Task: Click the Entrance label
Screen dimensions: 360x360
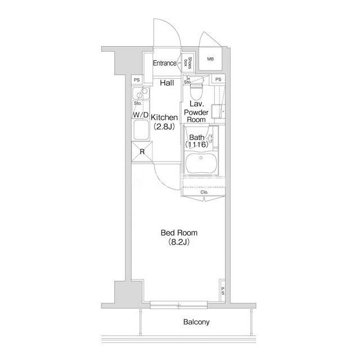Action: (x=165, y=63)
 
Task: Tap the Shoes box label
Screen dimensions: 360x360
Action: (x=187, y=63)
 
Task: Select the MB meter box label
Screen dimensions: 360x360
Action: (x=210, y=59)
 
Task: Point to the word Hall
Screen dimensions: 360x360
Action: (x=167, y=83)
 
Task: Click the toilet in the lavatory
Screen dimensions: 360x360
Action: (x=197, y=91)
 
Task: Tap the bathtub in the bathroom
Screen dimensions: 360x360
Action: (x=201, y=163)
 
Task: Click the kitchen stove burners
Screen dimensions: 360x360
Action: (x=141, y=93)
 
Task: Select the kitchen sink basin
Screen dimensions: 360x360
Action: (x=141, y=130)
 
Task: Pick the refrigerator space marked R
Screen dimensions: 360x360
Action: (x=142, y=152)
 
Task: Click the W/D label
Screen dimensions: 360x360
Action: (x=141, y=115)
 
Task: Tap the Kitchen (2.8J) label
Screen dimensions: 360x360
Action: (x=164, y=121)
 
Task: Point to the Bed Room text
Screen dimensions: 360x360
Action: (x=179, y=233)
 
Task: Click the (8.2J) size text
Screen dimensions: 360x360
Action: (x=179, y=242)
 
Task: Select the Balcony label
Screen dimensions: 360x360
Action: (x=196, y=322)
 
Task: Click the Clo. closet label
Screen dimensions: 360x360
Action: (x=204, y=192)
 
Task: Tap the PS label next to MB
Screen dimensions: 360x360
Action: (x=218, y=79)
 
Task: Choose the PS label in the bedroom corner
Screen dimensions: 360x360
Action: (x=223, y=291)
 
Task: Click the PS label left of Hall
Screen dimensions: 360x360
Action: (x=137, y=80)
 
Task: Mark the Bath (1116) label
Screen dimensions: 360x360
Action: (x=197, y=141)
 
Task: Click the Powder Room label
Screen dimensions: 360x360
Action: (x=196, y=116)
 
